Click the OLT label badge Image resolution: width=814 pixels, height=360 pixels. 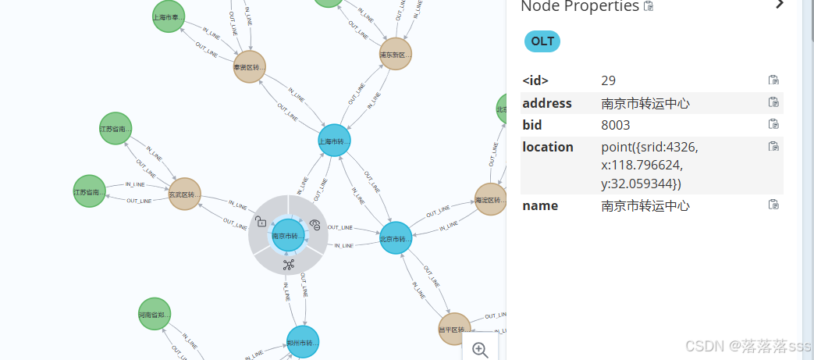coord(542,41)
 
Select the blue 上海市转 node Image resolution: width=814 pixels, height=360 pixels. coord(334,141)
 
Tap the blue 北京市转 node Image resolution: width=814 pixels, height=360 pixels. coord(395,238)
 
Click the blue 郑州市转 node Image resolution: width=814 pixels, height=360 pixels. coord(303,342)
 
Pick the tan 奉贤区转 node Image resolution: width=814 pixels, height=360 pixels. coord(250,67)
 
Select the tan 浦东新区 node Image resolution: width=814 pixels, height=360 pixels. coord(395,54)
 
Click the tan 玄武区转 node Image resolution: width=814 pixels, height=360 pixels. coord(184,194)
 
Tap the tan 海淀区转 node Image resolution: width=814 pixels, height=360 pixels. coord(491,200)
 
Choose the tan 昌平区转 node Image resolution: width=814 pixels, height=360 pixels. coord(454,329)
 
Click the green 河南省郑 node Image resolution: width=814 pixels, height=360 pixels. coord(155,314)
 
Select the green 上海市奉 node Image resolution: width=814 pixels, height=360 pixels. coord(168,16)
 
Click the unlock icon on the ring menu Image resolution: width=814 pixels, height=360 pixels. coord(261,222)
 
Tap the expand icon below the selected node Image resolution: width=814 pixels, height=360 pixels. coord(288,265)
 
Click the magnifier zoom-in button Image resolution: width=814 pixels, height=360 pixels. coord(480,350)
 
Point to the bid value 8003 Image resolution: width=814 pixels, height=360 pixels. coord(616,125)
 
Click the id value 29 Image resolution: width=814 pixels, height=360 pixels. coord(609,80)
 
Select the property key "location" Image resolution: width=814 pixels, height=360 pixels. coord(547,147)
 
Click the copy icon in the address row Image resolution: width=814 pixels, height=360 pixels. coord(773,102)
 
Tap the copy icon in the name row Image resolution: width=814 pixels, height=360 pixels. coord(773,205)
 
